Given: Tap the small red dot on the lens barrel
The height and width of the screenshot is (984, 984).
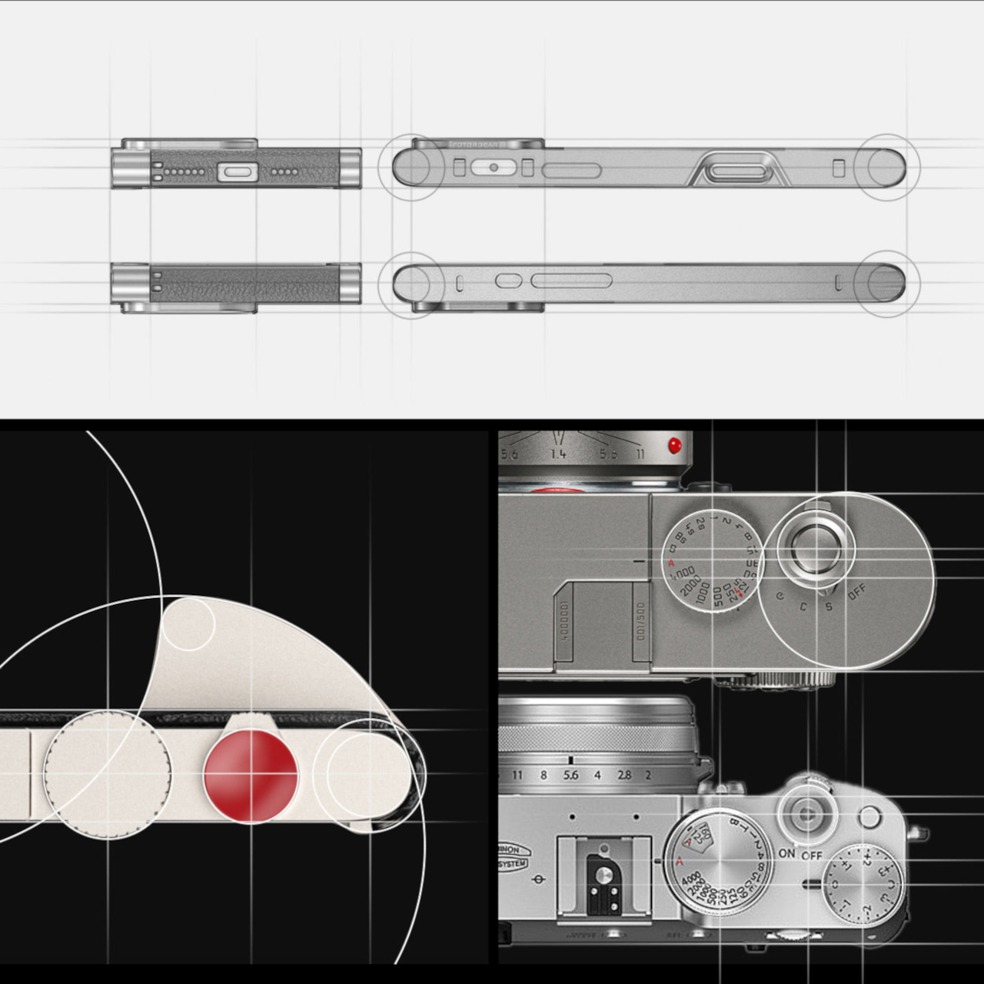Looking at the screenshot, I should (675, 444).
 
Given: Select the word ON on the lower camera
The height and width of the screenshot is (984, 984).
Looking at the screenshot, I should (786, 853).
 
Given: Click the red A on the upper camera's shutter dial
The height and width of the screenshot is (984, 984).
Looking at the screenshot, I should (670, 563).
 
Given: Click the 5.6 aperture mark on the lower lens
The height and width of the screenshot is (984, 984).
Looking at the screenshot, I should (570, 775).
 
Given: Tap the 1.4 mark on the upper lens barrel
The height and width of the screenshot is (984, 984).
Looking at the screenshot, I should (558, 454).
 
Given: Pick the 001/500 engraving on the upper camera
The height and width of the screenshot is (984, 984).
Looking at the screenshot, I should (641, 621).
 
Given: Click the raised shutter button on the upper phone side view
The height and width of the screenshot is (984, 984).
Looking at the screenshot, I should (738, 171).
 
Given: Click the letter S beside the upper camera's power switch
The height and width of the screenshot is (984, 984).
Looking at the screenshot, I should (829, 607).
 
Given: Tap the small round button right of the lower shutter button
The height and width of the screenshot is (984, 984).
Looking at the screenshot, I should (869, 817).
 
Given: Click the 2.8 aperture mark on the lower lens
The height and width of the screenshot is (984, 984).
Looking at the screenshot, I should (624, 775).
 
